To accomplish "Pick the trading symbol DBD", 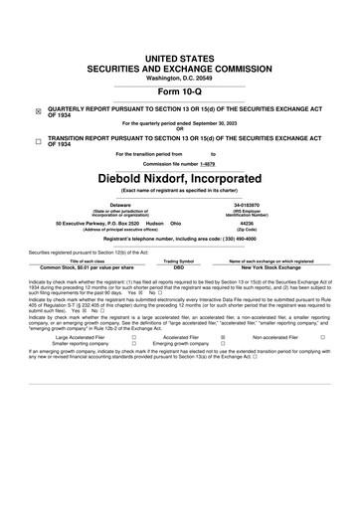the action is [x=179, y=267].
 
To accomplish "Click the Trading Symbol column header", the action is [x=179, y=260].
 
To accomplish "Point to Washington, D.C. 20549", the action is [x=180, y=50].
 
